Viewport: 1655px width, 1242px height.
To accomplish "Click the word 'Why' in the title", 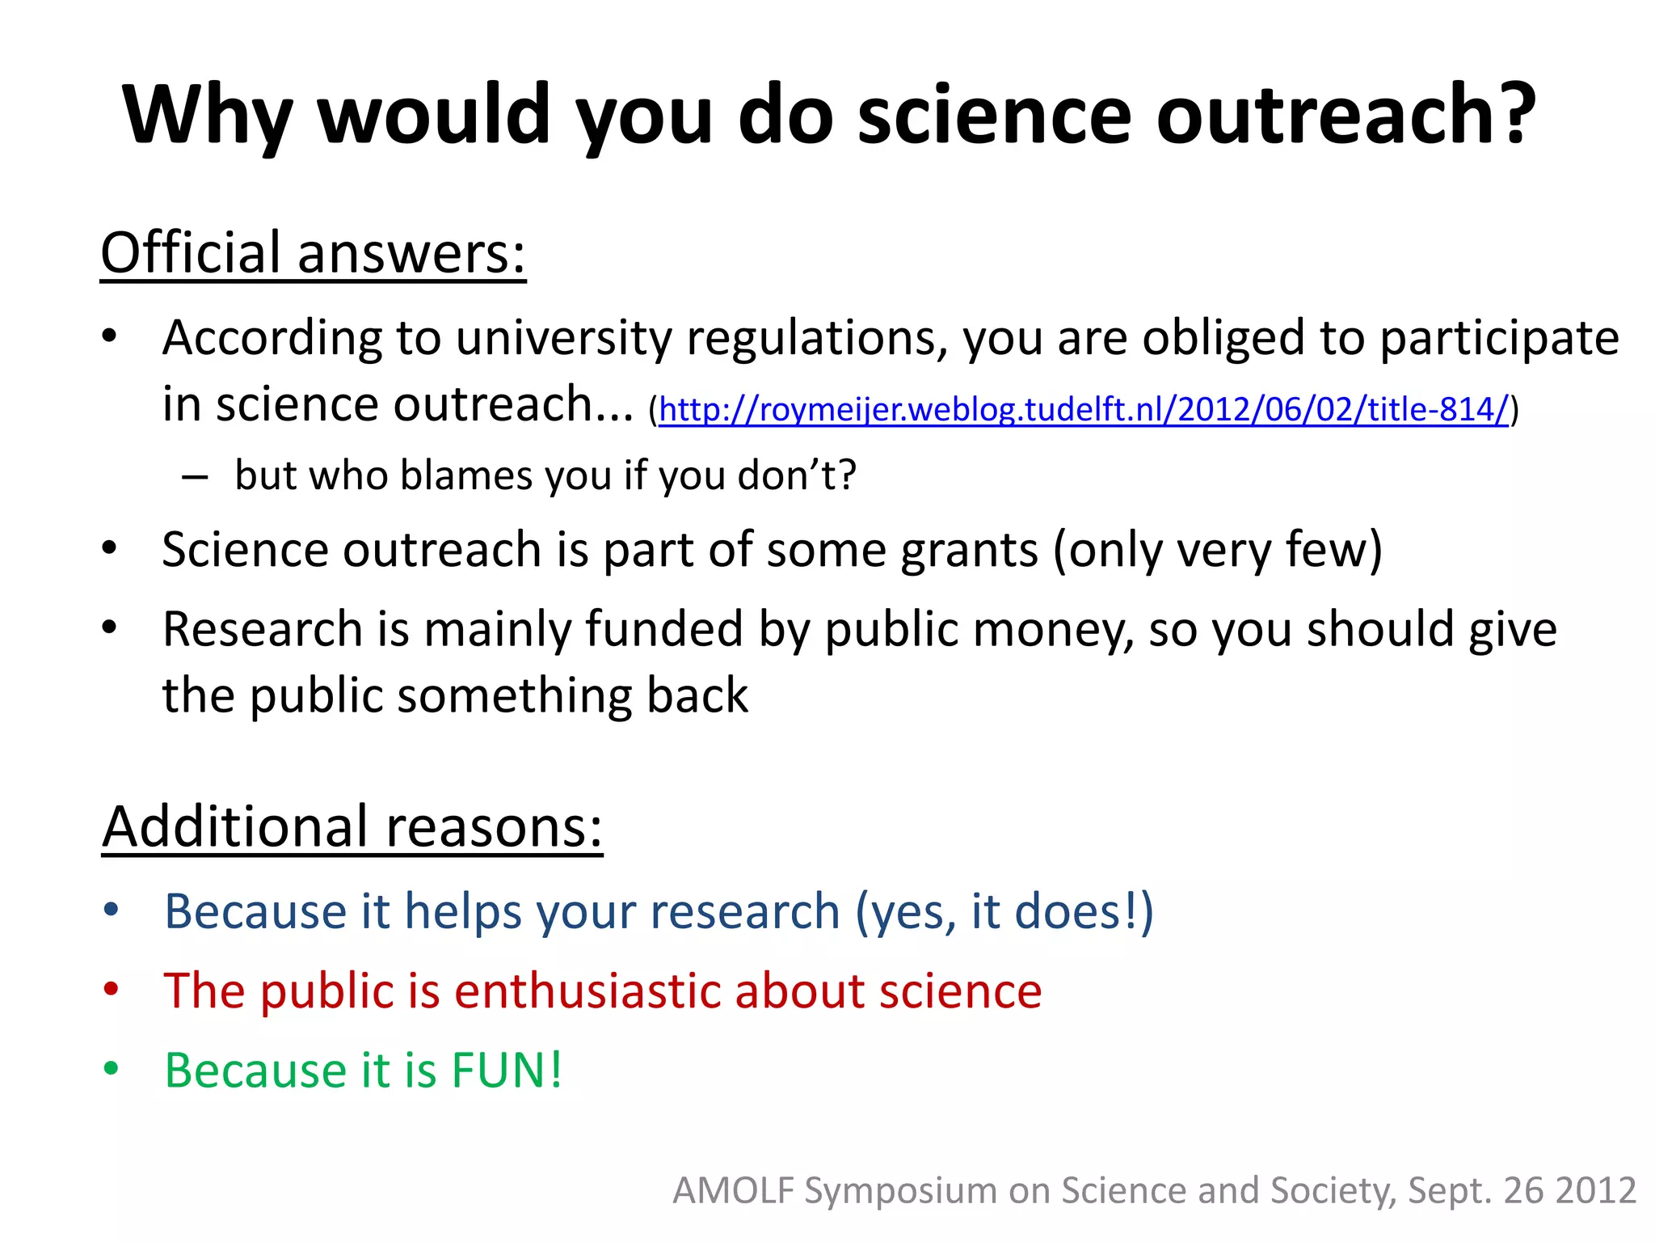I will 207,115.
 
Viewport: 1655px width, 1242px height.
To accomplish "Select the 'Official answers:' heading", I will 313,253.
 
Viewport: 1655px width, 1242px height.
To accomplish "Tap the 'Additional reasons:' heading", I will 352,826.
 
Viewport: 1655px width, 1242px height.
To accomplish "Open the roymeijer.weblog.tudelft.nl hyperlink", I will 1084,409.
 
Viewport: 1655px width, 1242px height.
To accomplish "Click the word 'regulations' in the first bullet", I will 816,338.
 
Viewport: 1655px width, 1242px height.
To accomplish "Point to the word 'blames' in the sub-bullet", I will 468,475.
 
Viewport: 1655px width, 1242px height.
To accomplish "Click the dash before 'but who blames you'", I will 195,476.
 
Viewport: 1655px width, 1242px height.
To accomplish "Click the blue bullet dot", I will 111,910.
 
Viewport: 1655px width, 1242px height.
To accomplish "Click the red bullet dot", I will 111,989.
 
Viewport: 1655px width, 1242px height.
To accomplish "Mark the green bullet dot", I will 111,1068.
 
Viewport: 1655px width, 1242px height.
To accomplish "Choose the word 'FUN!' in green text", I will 507,1071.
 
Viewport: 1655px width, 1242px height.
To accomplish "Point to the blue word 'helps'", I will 463,912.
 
